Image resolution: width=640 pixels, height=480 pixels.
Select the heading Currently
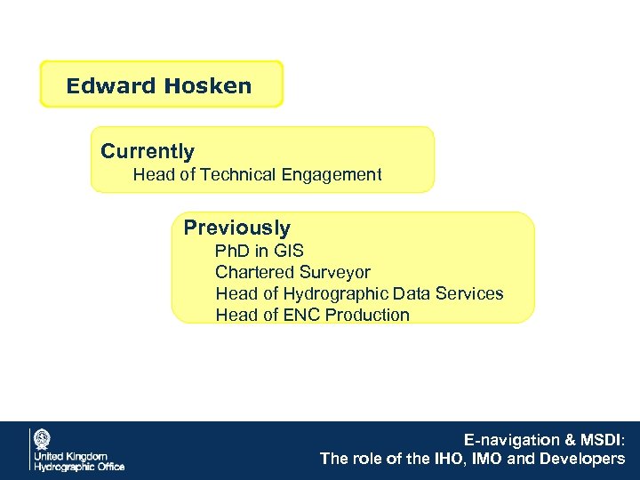point(148,152)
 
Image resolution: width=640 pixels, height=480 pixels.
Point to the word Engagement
point(332,175)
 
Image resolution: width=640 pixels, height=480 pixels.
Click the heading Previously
point(236,228)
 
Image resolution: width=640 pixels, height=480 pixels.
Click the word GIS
point(288,251)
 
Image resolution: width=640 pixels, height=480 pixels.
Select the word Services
point(470,293)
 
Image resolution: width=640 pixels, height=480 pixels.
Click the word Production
point(367,315)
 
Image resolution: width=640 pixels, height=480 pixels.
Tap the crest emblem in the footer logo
point(42,438)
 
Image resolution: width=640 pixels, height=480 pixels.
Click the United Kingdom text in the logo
point(70,456)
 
